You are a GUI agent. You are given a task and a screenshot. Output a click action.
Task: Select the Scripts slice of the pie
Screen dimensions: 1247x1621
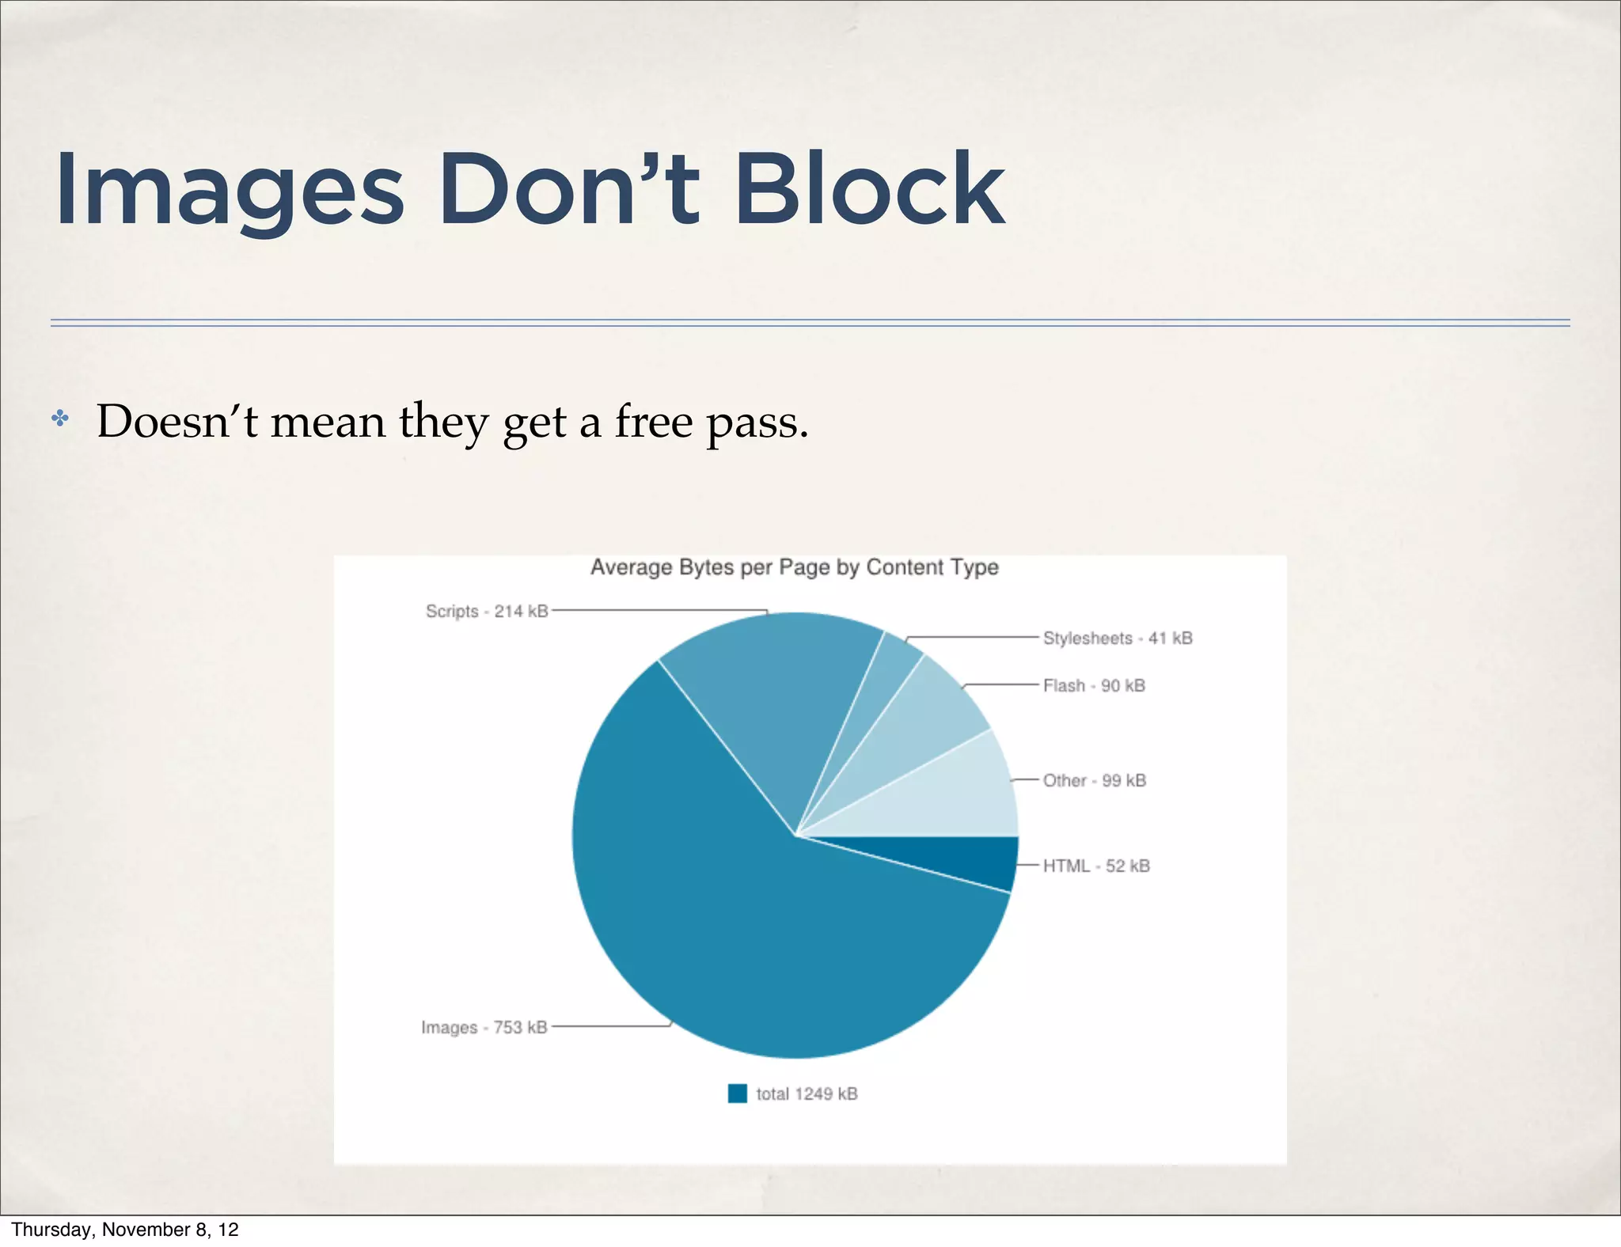(776, 696)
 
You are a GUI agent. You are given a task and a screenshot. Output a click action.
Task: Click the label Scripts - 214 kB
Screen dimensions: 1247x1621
(487, 612)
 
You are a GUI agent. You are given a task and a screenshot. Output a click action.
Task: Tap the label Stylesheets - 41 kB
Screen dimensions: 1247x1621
(1117, 639)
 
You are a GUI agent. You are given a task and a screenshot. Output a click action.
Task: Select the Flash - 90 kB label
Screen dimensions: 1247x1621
(1094, 686)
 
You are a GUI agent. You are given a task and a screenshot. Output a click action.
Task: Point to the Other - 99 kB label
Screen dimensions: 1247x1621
(1094, 781)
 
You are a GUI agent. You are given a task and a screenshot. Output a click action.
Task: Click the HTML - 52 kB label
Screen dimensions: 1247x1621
(1095, 866)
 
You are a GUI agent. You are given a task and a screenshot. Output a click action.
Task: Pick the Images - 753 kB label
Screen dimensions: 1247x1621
(484, 1028)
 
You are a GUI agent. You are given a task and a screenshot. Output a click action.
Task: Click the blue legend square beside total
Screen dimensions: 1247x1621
(737, 1093)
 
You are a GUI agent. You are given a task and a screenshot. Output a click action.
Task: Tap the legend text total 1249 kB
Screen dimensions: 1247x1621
(807, 1094)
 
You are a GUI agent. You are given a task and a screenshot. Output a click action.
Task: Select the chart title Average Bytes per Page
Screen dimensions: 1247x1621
(794, 567)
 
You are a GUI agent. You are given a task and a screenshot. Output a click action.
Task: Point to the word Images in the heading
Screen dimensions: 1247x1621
(230, 191)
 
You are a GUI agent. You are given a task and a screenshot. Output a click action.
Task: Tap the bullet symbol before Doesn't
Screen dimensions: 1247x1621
(60, 419)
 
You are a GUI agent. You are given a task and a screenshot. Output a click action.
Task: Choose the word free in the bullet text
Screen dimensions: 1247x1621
(653, 421)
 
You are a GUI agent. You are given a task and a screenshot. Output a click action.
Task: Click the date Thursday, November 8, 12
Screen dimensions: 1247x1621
(125, 1229)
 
